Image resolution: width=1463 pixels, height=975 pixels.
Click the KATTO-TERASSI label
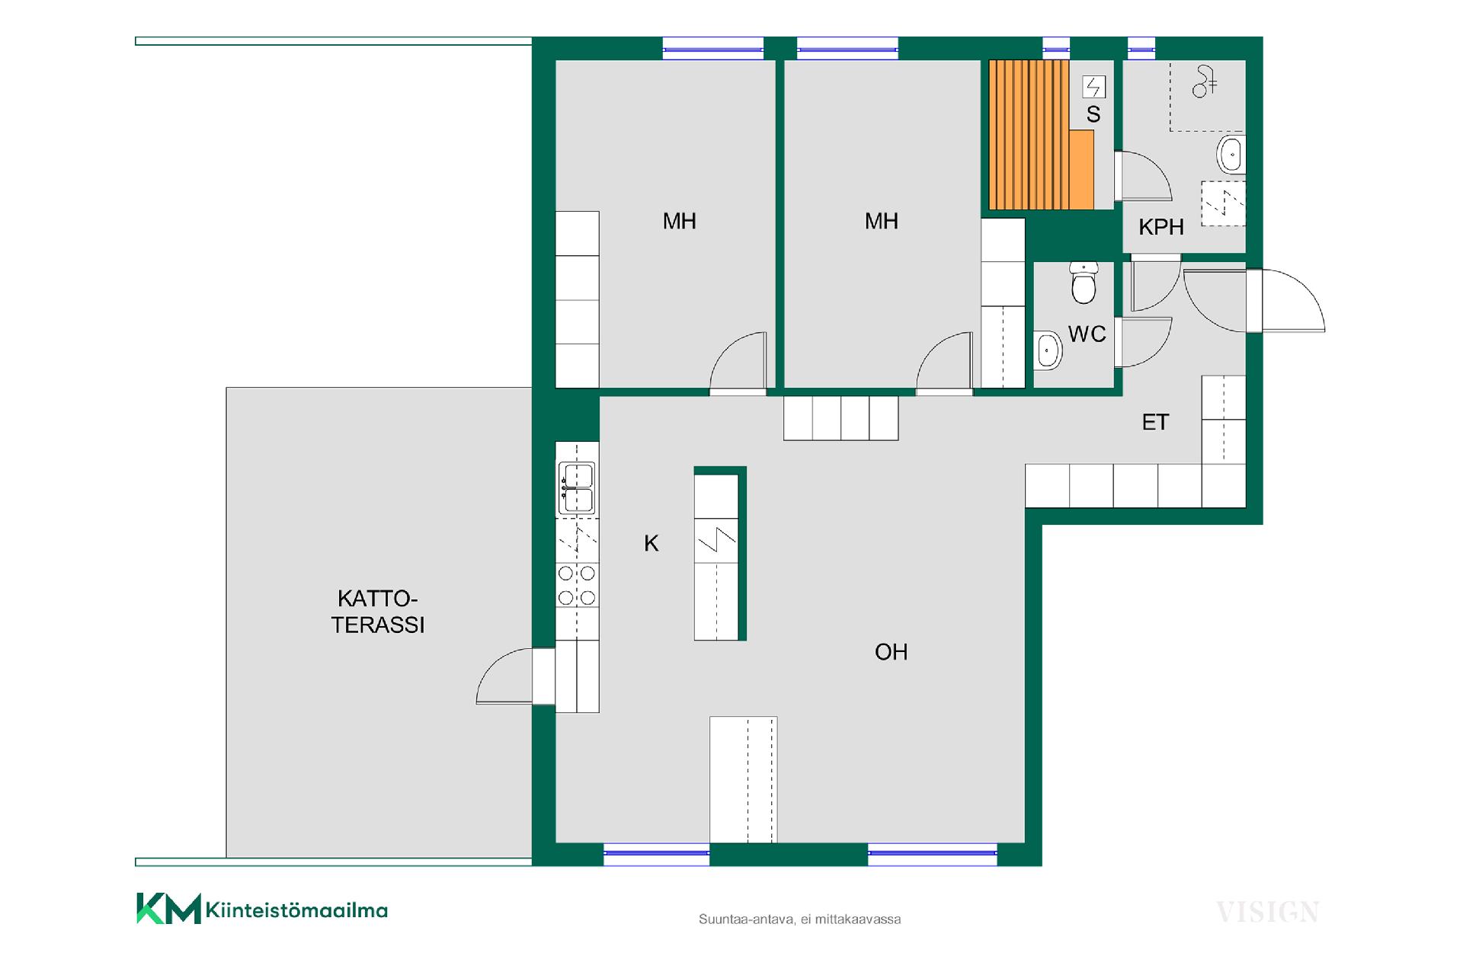[378, 612]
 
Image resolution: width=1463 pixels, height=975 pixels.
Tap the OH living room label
[891, 652]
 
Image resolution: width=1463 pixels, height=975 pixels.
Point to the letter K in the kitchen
[651, 543]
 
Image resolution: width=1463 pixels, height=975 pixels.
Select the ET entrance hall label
[1155, 422]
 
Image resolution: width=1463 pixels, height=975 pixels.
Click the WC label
[1087, 334]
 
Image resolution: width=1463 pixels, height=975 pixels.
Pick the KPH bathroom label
[1161, 227]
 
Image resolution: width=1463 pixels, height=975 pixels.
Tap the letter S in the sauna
[1093, 114]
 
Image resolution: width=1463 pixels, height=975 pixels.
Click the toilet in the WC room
[1083, 283]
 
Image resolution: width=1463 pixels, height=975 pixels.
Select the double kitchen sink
[577, 488]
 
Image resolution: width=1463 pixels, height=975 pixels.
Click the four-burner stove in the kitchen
[577, 586]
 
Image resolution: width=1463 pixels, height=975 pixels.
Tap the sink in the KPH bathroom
[1230, 155]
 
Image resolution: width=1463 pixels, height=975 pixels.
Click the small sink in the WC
[1048, 351]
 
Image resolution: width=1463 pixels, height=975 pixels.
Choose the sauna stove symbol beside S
[1093, 87]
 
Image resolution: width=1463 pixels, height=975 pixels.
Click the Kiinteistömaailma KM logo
[262, 909]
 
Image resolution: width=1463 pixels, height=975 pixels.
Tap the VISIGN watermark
[1267, 912]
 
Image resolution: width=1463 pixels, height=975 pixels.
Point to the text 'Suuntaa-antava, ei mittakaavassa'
[799, 919]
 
